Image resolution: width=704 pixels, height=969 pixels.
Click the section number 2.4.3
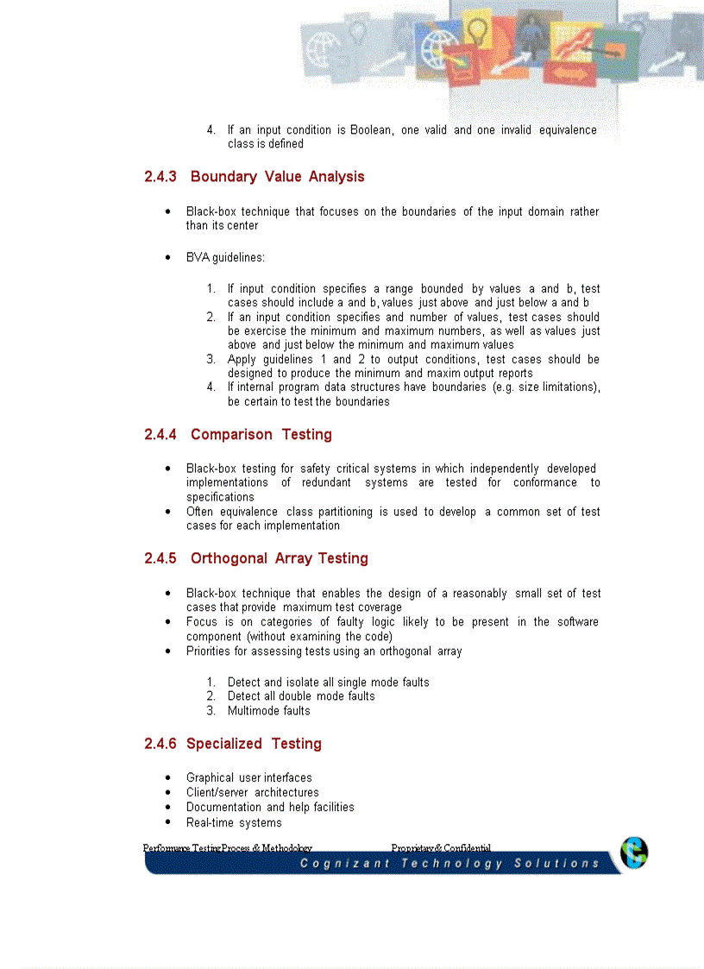[x=160, y=177]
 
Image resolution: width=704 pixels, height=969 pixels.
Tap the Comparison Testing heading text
[x=261, y=435]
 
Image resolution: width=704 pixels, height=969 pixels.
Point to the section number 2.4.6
[x=160, y=744]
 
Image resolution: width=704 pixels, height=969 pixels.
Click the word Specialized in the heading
[x=224, y=744]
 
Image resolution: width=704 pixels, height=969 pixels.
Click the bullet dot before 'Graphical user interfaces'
[x=167, y=778]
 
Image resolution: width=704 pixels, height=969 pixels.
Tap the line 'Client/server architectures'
[x=252, y=792]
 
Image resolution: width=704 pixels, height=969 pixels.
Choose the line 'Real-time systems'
[x=234, y=822]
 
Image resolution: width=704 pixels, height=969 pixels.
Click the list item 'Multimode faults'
[x=268, y=711]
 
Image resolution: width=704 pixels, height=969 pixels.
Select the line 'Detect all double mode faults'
[x=301, y=696]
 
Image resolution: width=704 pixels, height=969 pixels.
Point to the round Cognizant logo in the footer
[x=634, y=853]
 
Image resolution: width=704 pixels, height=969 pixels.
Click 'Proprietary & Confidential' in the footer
[x=441, y=848]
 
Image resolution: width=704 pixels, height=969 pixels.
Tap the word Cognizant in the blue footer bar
[x=343, y=864]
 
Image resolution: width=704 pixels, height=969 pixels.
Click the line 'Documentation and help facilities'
[x=270, y=808]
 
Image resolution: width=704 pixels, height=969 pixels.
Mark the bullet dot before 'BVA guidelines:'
[x=167, y=258]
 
